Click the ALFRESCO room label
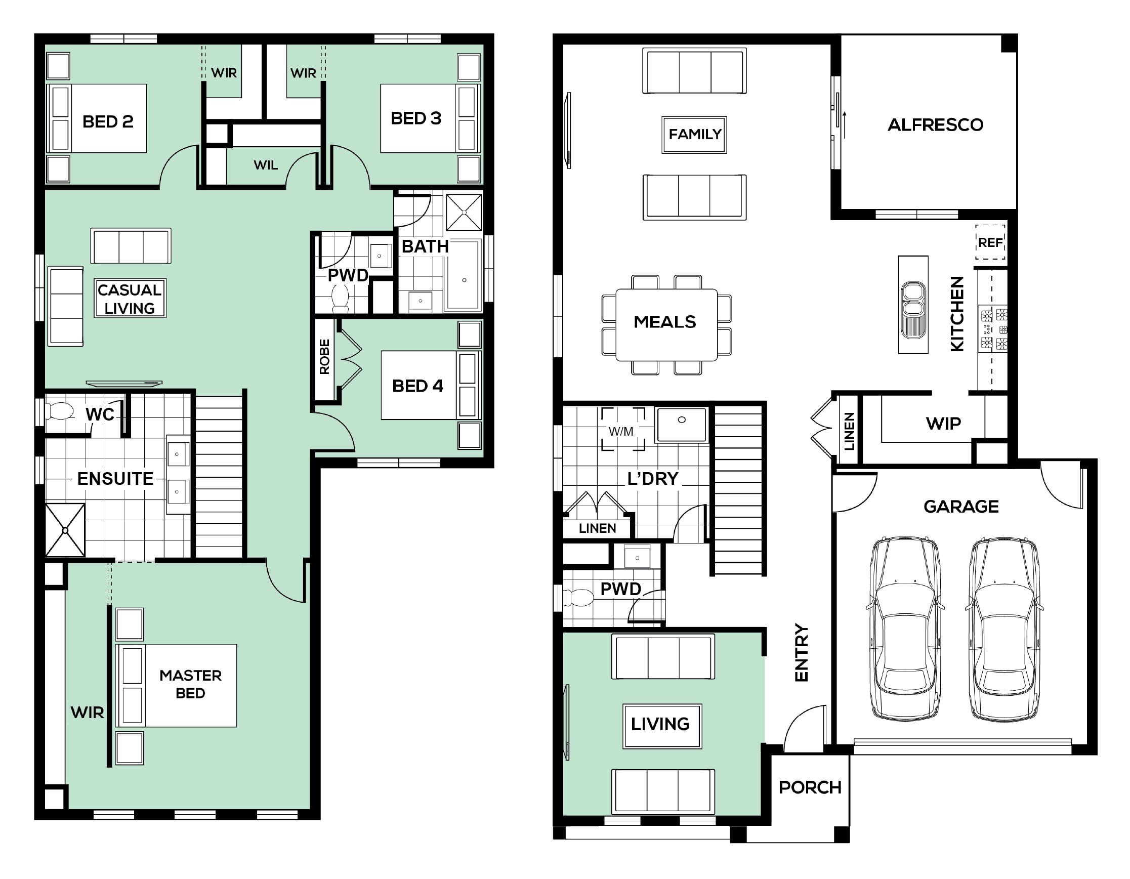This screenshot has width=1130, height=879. [936, 124]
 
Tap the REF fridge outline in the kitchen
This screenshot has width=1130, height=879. [990, 241]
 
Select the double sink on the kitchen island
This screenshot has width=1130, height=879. [913, 309]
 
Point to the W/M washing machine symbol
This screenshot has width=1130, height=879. [623, 430]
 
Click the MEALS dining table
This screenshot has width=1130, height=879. [666, 324]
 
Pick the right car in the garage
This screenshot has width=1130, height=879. [1004, 627]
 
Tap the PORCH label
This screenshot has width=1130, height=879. [810, 787]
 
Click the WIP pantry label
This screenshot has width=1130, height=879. [943, 424]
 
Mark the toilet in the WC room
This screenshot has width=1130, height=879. [60, 412]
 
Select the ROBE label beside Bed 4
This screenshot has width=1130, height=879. [324, 356]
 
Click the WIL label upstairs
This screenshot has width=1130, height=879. [266, 165]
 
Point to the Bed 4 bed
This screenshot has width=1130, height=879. [431, 385]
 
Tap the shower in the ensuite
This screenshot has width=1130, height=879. [65, 530]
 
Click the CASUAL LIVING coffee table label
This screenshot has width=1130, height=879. [130, 299]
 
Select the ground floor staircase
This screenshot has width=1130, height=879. [738, 489]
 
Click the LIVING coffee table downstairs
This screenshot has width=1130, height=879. [662, 726]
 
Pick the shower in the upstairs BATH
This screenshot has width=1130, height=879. [464, 212]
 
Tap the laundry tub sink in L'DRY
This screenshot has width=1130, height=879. [682, 425]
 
